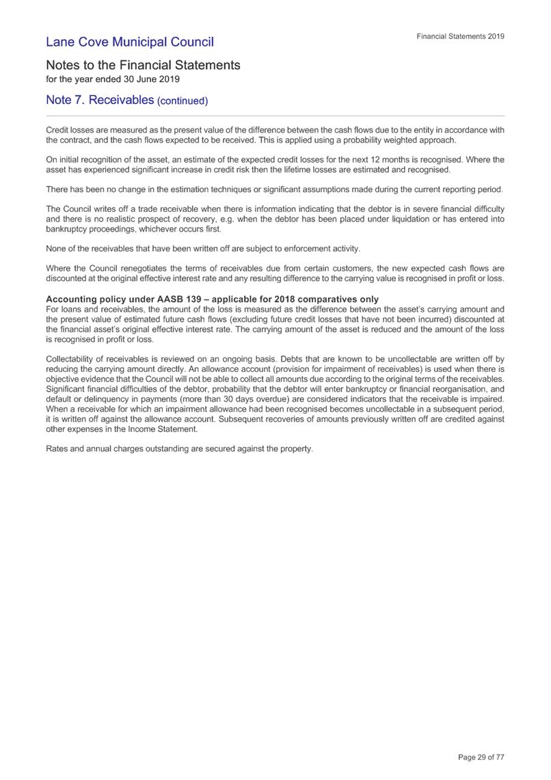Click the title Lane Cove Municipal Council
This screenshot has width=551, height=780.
coord(129,42)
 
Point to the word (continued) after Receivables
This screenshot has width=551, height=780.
coord(182,101)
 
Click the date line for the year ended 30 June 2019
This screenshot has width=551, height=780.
coord(112,79)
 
